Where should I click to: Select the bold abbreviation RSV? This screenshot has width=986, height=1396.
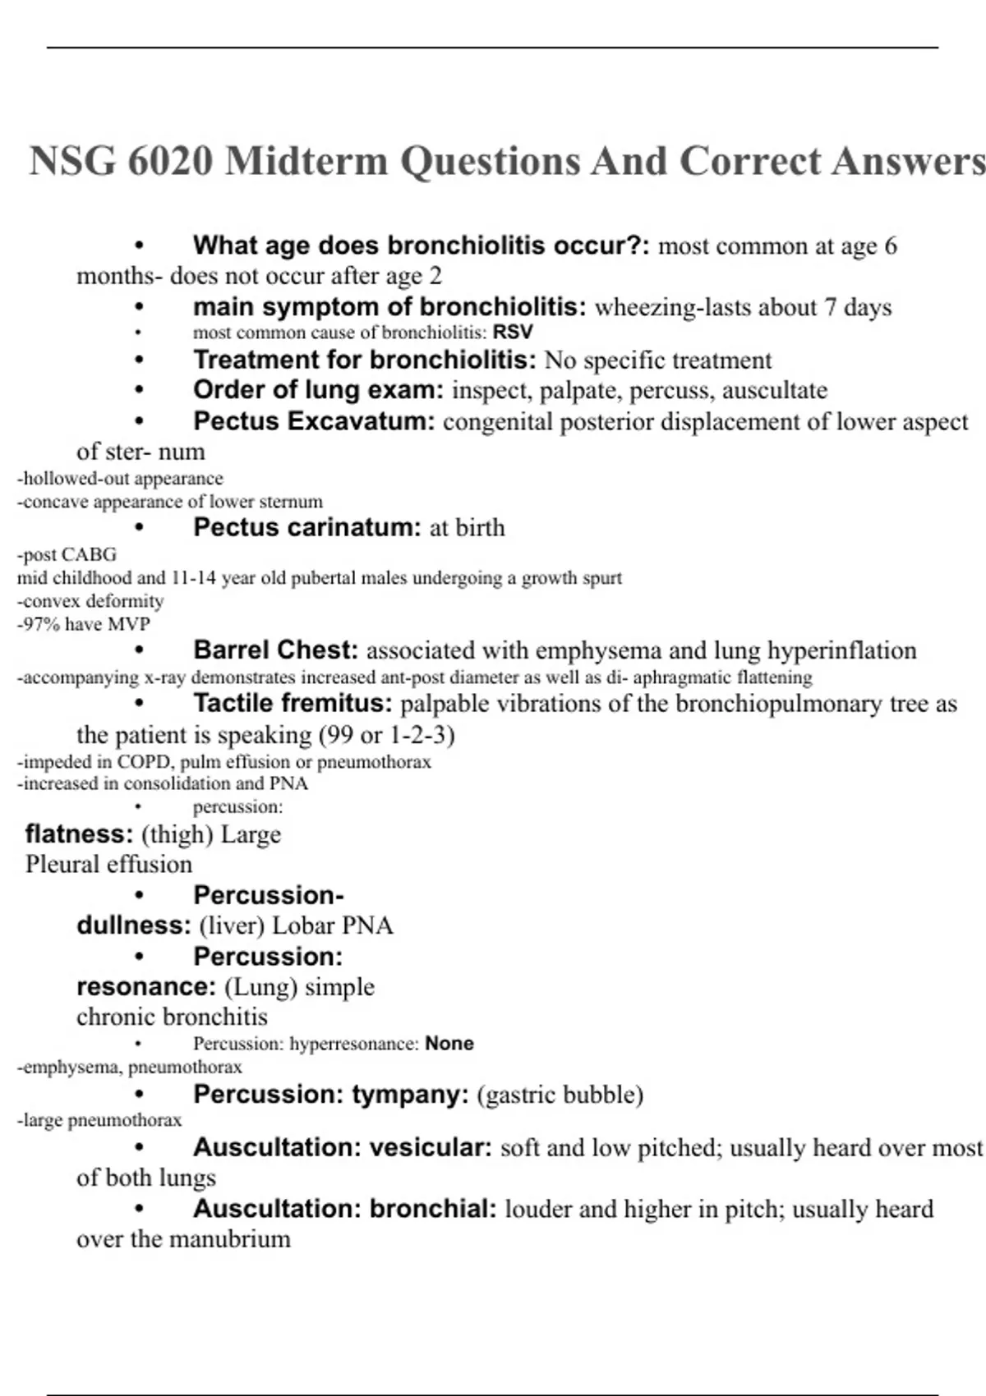[513, 333]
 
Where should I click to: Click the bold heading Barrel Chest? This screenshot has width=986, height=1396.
[275, 650]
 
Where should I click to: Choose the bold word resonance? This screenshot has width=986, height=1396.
[145, 987]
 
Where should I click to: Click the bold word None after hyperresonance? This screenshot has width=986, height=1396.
[449, 1044]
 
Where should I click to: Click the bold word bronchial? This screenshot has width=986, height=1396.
[433, 1209]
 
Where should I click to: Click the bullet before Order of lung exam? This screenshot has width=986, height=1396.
[139, 391]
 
